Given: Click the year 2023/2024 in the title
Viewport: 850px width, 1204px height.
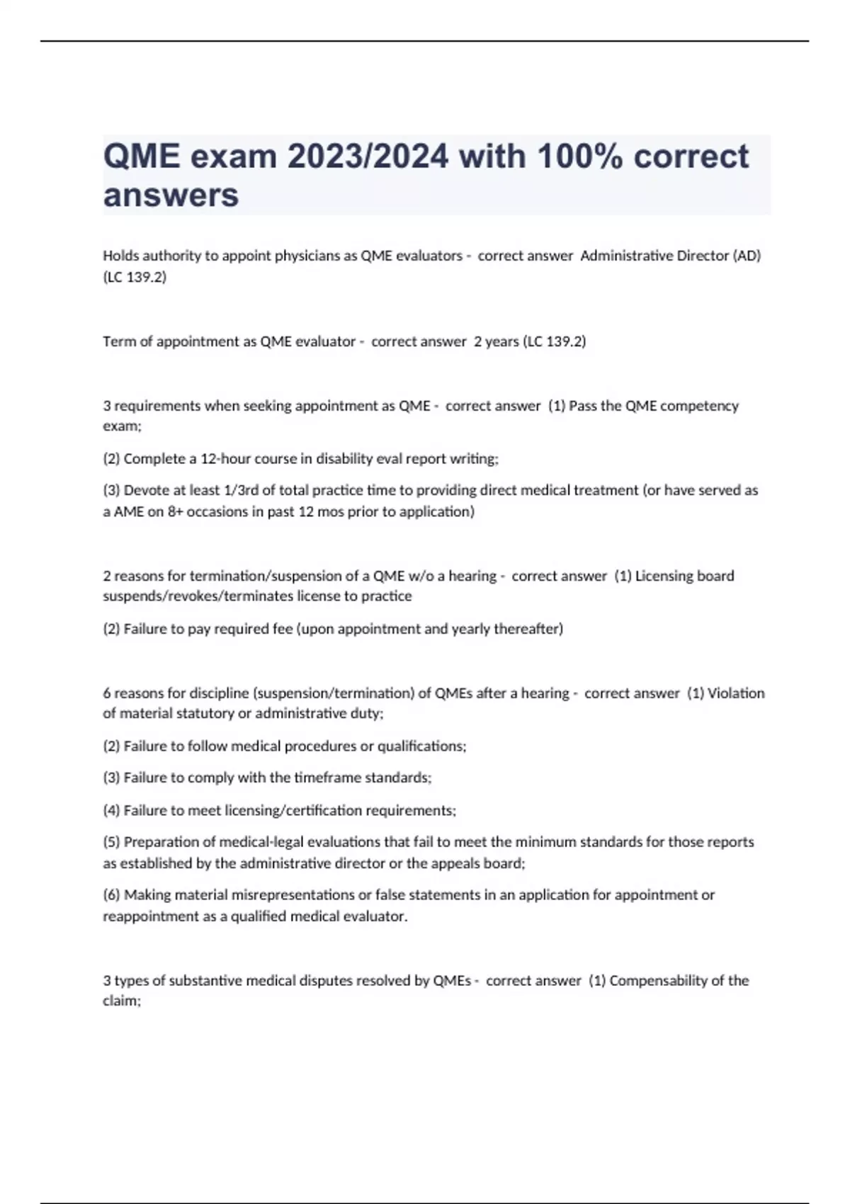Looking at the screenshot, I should click(x=368, y=157).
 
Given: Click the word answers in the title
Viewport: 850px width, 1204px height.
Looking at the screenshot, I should click(x=171, y=195).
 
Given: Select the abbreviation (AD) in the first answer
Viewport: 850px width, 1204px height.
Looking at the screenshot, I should click(x=747, y=256).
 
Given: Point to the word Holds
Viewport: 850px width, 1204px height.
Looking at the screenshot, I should click(x=121, y=256).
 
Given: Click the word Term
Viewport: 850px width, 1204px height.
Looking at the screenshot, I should click(x=119, y=341).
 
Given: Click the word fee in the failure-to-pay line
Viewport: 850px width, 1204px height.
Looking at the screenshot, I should click(x=283, y=629).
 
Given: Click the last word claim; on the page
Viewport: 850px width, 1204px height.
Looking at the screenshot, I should click(x=122, y=1001).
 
